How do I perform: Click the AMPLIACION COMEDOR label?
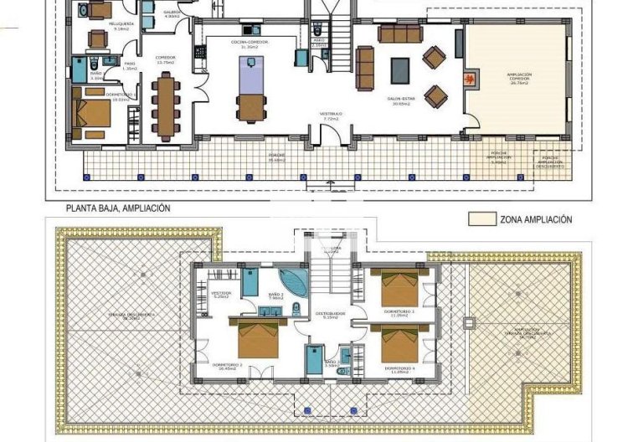pyautogui.click(x=518, y=79)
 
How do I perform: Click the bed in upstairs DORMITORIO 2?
pyautogui.click(x=257, y=338)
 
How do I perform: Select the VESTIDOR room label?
pyautogui.click(x=221, y=295)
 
